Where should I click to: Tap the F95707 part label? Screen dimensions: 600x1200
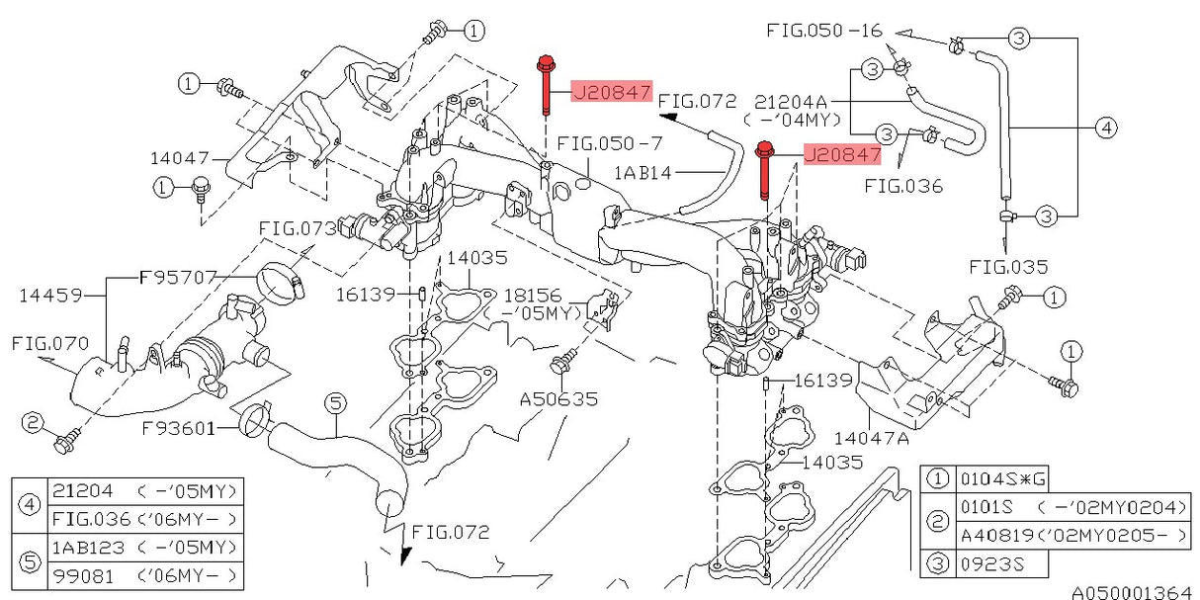click(x=177, y=279)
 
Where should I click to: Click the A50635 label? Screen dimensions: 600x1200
click(x=558, y=399)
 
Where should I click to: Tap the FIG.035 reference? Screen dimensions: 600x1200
click(x=1008, y=266)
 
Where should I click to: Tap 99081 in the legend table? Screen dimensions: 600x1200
click(x=83, y=574)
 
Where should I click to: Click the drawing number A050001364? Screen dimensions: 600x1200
click(x=1132, y=592)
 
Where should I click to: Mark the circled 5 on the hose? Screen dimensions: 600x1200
click(x=336, y=402)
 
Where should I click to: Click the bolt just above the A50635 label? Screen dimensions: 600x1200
click(x=566, y=364)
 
